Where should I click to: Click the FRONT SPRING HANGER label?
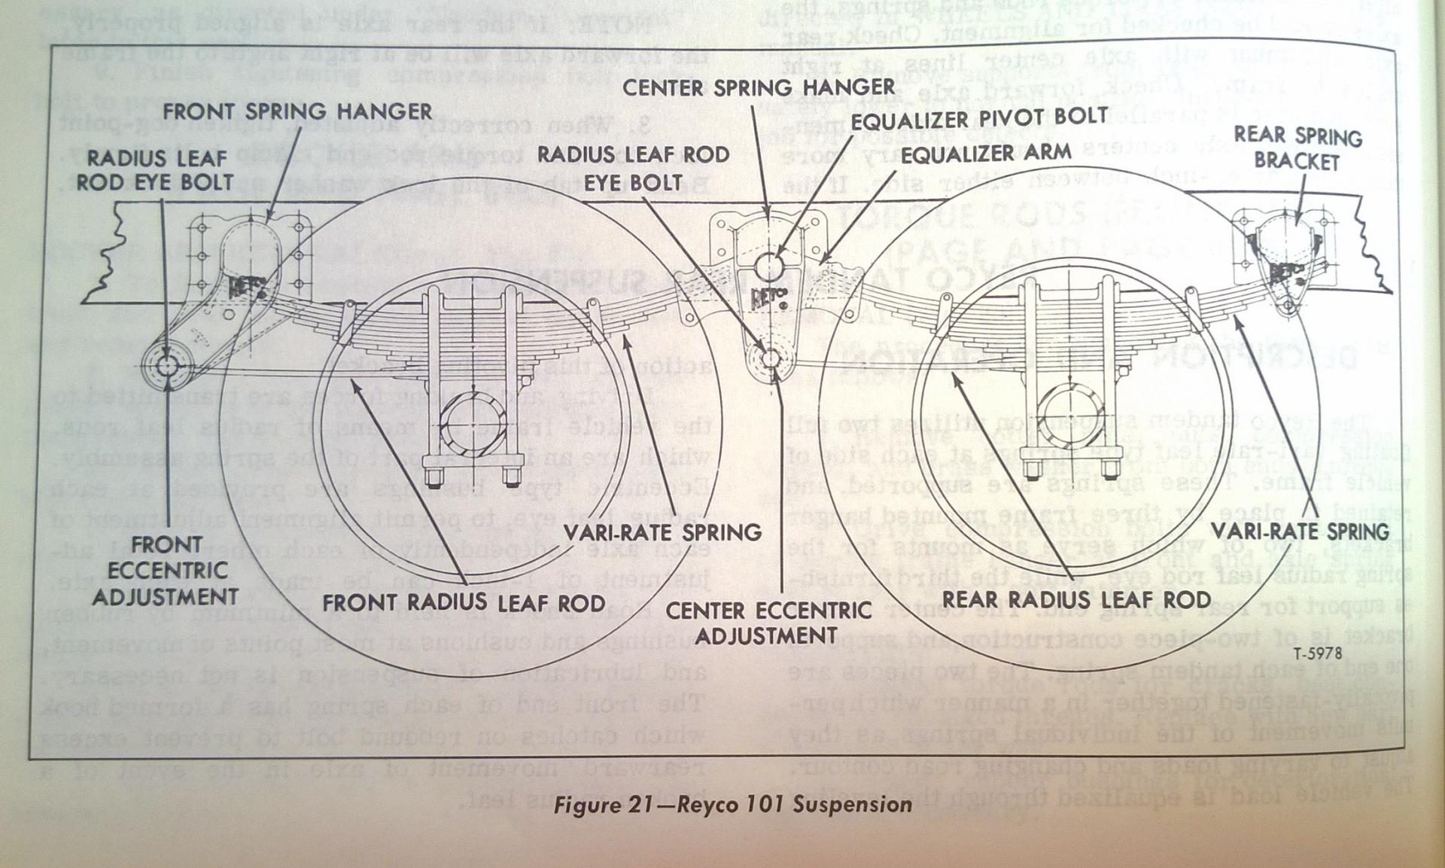coord(297,111)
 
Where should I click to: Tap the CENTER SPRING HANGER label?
coord(759,87)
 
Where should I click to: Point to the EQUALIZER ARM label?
coord(987,154)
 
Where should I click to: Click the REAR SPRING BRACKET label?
coord(1297,149)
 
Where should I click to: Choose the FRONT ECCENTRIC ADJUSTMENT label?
coord(166,571)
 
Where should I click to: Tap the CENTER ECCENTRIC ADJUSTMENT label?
coord(768,623)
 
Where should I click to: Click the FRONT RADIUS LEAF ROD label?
coord(464,603)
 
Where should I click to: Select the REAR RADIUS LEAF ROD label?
coord(1077,599)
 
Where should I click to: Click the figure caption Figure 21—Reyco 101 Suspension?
coord(732,805)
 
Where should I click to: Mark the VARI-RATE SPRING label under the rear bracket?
coord(1300,531)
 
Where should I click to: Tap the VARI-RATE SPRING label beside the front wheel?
coord(663,532)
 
